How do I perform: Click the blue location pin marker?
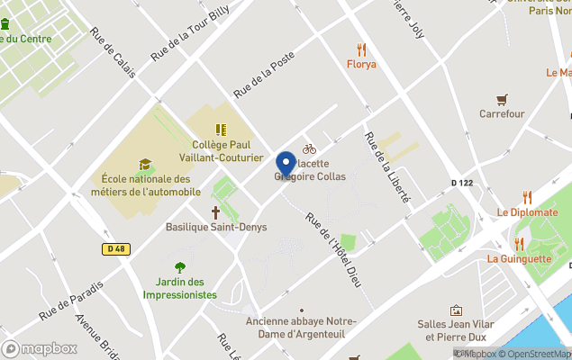(x=286, y=165)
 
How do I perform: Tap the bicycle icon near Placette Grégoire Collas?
(x=309, y=148)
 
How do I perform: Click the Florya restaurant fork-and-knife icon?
(x=361, y=49)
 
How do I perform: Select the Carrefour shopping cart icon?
(x=502, y=99)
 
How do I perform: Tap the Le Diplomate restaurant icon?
(x=527, y=197)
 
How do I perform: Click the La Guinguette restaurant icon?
(x=519, y=244)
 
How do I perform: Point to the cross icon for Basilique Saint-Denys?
(x=216, y=212)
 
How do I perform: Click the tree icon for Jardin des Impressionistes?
(x=180, y=266)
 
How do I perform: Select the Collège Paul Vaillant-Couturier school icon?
(x=221, y=130)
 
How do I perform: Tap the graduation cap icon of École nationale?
(x=145, y=164)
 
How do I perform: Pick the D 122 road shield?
(x=461, y=184)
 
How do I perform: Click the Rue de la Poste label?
(x=264, y=75)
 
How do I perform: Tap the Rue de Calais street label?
(x=113, y=53)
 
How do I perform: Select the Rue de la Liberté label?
(x=386, y=167)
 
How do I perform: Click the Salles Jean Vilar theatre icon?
(x=457, y=310)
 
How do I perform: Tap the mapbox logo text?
(x=41, y=348)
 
